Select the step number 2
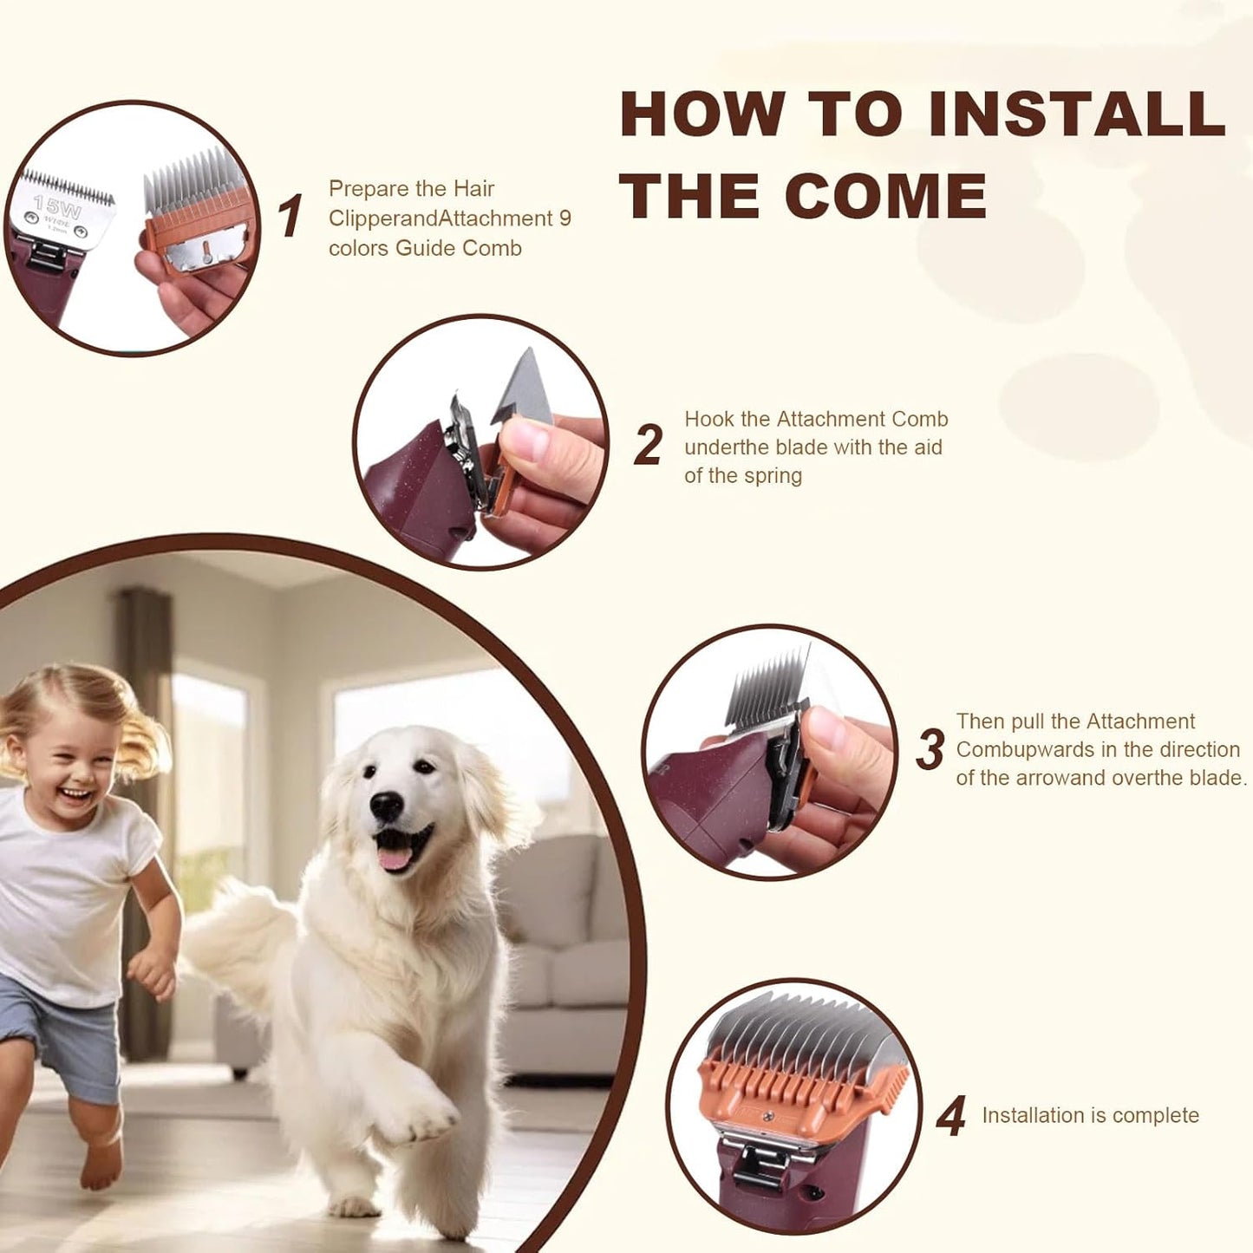[x=649, y=445]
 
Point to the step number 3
[x=930, y=749]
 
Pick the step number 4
[x=950, y=1116]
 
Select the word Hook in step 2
[x=708, y=420]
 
